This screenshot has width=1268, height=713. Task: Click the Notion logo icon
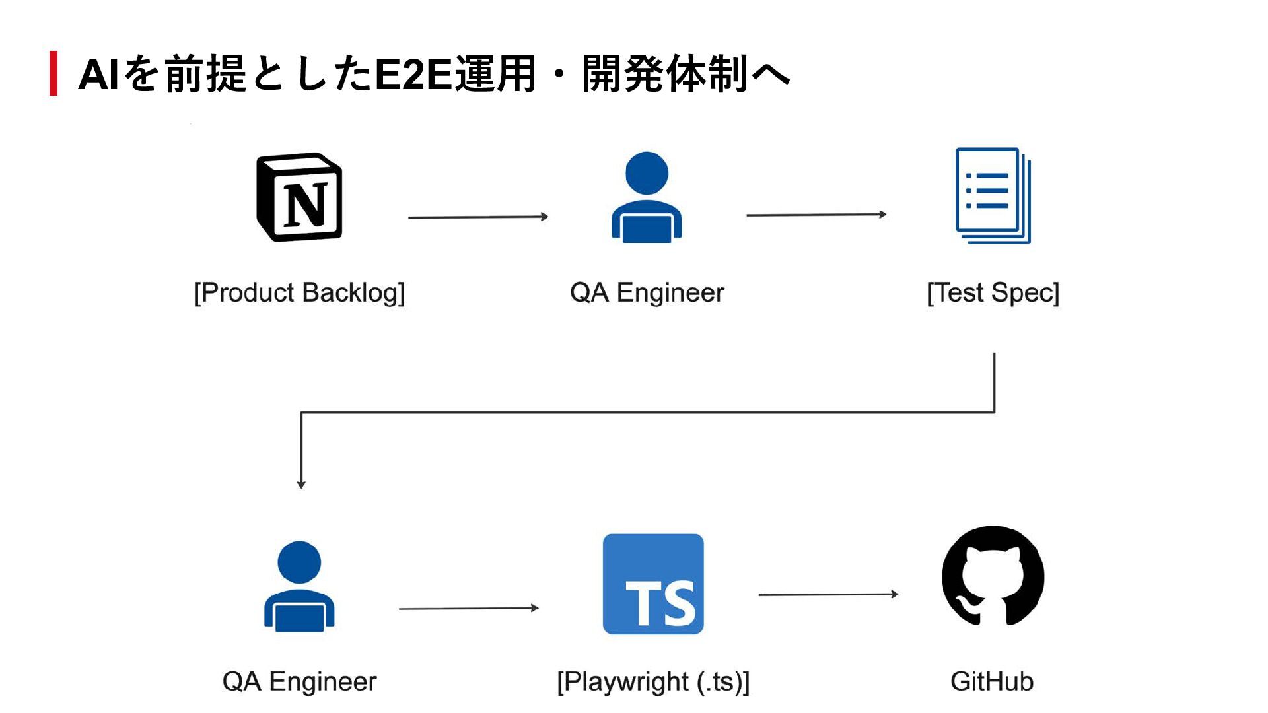pyautogui.click(x=299, y=197)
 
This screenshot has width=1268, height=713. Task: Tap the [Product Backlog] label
pyautogui.click(x=299, y=292)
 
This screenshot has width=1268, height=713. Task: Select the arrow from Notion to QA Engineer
pyautogui.click(x=478, y=217)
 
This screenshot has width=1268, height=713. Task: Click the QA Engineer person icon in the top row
pyautogui.click(x=647, y=197)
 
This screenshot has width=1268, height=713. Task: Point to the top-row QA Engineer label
pyautogui.click(x=647, y=292)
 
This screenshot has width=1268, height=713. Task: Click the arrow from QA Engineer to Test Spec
pyautogui.click(x=816, y=215)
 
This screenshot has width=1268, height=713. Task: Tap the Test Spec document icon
pyautogui.click(x=993, y=195)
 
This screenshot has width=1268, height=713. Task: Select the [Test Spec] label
pyautogui.click(x=993, y=292)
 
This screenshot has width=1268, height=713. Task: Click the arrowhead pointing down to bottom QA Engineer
pyautogui.click(x=301, y=485)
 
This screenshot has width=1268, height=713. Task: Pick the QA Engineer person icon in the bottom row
pyautogui.click(x=299, y=586)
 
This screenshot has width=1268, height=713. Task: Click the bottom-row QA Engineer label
pyautogui.click(x=299, y=681)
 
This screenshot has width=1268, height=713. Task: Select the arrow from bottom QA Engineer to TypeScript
pyautogui.click(x=469, y=608)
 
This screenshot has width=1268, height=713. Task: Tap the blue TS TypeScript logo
pyautogui.click(x=653, y=584)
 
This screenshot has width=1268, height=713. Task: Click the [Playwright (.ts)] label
pyautogui.click(x=653, y=681)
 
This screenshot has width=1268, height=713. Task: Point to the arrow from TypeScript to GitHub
pyautogui.click(x=829, y=594)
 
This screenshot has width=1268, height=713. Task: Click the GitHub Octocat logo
pyautogui.click(x=993, y=576)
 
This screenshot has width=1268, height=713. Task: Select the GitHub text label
pyautogui.click(x=992, y=681)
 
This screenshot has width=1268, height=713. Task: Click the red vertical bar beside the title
pyautogui.click(x=53, y=73)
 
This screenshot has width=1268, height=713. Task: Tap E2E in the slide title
pyautogui.click(x=413, y=74)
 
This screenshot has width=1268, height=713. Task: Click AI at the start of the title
pyautogui.click(x=99, y=74)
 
